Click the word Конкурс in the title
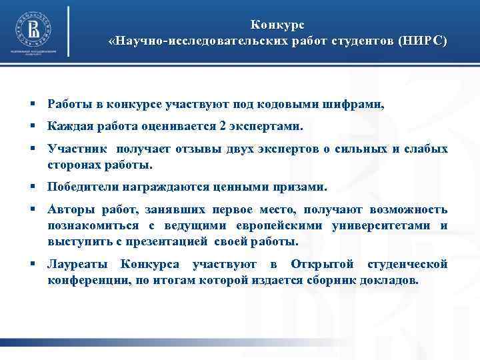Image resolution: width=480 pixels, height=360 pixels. (x=277, y=25)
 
